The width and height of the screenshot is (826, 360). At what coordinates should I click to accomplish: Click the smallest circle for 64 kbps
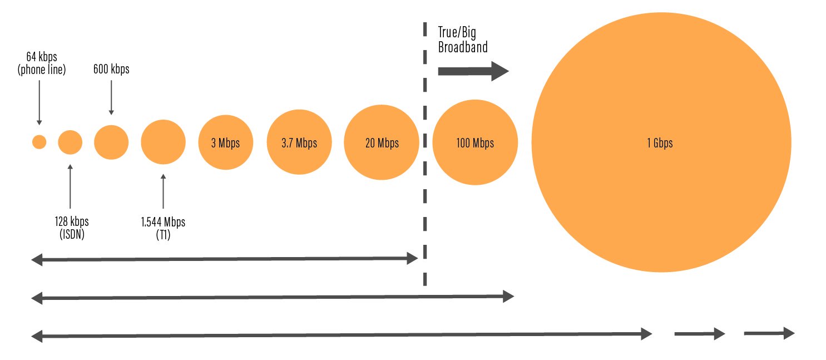[x=39, y=142]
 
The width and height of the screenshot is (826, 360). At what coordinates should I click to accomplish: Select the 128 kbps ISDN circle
[x=70, y=142]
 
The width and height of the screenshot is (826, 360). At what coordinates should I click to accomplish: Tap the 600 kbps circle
[x=111, y=142]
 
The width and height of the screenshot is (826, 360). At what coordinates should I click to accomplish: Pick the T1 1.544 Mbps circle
[x=163, y=142]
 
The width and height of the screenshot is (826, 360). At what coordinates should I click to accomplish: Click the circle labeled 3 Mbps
[x=225, y=142]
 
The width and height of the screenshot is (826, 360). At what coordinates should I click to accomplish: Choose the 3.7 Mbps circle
[x=299, y=142]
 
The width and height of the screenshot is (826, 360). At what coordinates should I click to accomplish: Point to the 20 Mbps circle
[x=382, y=142]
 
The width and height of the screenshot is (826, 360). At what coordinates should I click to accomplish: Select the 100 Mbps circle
[x=475, y=142]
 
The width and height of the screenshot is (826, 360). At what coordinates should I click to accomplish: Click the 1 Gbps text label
[x=660, y=143]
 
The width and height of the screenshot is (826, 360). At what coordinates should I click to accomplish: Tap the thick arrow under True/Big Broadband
[x=473, y=71]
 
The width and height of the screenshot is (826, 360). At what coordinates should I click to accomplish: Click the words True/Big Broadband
[x=462, y=40]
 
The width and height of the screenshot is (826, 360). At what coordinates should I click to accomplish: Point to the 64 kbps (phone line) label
[x=42, y=63]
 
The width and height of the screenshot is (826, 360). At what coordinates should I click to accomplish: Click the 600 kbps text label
[x=111, y=69]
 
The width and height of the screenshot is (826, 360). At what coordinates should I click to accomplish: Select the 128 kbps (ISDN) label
[x=70, y=228]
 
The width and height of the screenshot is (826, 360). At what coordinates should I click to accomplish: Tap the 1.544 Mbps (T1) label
[x=163, y=228]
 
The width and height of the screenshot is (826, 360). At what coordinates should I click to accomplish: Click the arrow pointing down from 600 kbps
[x=111, y=97]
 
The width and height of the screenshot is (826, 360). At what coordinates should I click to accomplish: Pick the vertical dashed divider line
[x=425, y=167]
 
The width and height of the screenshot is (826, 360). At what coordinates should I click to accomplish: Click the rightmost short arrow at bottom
[x=769, y=333]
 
